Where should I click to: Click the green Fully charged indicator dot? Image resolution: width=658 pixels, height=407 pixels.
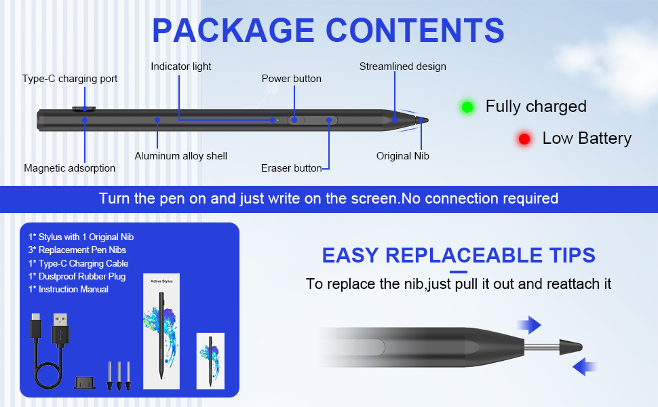point(467,107)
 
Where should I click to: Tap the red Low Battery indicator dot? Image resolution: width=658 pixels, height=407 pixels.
point(524,139)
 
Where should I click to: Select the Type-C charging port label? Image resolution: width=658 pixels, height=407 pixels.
point(70,79)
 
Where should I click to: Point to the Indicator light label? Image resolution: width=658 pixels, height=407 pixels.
point(181,66)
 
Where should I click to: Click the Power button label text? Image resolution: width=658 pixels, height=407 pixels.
point(291,79)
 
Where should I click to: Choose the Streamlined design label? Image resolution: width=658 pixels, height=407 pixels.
point(402,66)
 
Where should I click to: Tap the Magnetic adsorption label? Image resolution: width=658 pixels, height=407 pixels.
point(69,168)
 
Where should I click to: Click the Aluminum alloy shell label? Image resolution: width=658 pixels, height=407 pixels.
point(181,156)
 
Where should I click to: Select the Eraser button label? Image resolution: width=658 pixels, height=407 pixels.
point(291,168)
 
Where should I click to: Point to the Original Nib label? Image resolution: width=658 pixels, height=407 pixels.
point(402,156)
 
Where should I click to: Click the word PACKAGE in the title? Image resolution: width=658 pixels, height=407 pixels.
point(233,31)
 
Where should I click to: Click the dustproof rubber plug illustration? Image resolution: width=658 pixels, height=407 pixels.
point(85,383)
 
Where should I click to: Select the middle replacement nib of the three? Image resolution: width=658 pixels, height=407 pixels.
point(119,376)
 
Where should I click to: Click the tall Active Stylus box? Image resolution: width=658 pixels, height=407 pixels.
point(161,332)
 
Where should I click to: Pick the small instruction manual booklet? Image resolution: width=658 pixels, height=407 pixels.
point(210,361)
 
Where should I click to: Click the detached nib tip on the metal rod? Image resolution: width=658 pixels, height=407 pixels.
point(570,347)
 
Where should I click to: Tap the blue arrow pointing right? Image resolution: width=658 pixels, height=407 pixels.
point(529,325)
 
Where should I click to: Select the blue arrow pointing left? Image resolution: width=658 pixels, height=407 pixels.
point(585,367)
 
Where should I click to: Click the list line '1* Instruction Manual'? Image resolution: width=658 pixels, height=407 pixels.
point(69,289)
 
